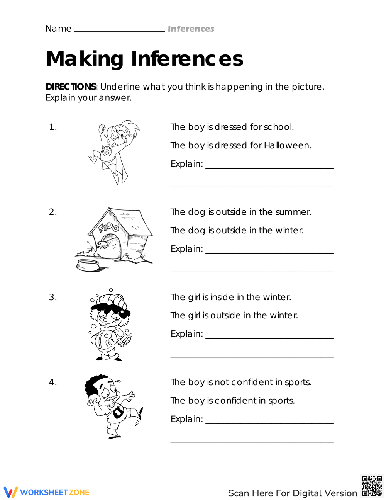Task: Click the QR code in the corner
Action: tap(372, 486)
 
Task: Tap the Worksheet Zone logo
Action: tap(47, 492)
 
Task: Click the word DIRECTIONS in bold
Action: tap(71, 87)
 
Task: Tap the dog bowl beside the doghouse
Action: tap(88, 265)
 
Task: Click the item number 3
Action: tap(52, 297)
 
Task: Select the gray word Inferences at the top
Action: tap(191, 29)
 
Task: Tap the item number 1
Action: tap(52, 127)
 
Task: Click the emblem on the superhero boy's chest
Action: tap(107, 151)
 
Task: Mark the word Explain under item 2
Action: tap(186, 249)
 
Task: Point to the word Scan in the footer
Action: tap(238, 493)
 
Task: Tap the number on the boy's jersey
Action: tap(118, 413)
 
